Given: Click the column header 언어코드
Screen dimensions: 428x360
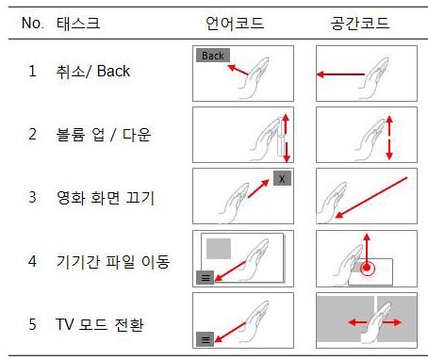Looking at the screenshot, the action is pos(235,24).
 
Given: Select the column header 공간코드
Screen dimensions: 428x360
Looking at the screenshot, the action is pos(360,24).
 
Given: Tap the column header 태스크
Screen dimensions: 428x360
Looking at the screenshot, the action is pos(78,24).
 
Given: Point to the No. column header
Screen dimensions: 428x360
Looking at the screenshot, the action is pos(33,24).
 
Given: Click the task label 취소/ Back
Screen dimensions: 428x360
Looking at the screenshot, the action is pos(93,71).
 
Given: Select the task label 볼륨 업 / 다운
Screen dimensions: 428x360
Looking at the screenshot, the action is pos(104,135).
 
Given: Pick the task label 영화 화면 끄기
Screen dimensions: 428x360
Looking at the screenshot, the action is pos(106,198).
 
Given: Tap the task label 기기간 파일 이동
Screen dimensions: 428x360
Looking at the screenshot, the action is pos(113,261).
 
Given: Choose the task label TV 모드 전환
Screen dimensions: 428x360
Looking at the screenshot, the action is pos(100,324).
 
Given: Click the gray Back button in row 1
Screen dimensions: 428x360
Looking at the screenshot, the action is pos(213,56).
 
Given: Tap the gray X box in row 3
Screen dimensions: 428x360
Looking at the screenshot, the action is pos(282,178).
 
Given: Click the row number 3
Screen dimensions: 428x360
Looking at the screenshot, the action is pos(32,198).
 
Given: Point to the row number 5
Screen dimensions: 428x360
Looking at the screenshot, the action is pos(32,324).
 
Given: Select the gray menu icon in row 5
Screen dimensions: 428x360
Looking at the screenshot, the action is pos(205,339).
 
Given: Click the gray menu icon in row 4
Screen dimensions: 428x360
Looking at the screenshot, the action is pos(205,278).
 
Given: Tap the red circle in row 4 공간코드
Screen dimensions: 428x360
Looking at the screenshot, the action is pos(367,268).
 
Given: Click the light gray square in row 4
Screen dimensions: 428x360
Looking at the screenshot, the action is pos(219,249).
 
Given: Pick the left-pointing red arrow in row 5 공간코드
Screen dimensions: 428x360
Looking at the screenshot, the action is pos(357,322).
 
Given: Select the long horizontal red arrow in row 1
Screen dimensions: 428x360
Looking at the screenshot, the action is pos(340,74).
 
